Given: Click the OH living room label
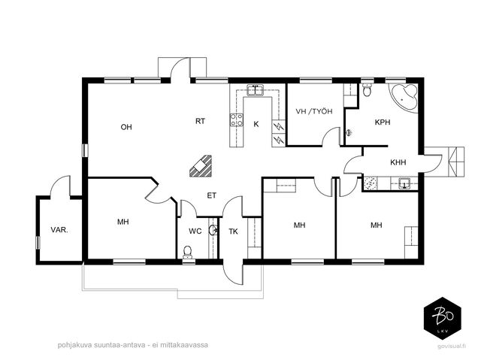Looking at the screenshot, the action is [x=126, y=127].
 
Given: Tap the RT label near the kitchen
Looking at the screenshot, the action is [x=201, y=121].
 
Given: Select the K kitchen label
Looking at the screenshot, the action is [x=256, y=124].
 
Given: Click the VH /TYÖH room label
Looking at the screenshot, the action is [x=314, y=111].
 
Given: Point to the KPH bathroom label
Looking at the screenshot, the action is [x=383, y=122].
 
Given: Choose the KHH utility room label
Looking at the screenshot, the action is [x=398, y=162].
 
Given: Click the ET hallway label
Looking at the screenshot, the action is [x=212, y=195].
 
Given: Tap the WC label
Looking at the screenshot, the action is [x=195, y=231].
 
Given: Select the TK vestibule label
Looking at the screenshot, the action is [x=233, y=231].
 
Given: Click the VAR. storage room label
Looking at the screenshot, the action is [x=59, y=230].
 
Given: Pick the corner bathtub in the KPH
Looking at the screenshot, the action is [x=404, y=98].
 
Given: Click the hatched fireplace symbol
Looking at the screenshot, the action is [x=201, y=166].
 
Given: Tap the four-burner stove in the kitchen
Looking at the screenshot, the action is [x=237, y=119].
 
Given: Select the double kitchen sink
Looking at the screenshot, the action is [x=256, y=91].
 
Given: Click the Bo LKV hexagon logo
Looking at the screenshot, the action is [x=443, y=319].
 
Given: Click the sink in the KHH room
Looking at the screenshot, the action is [x=404, y=183].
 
